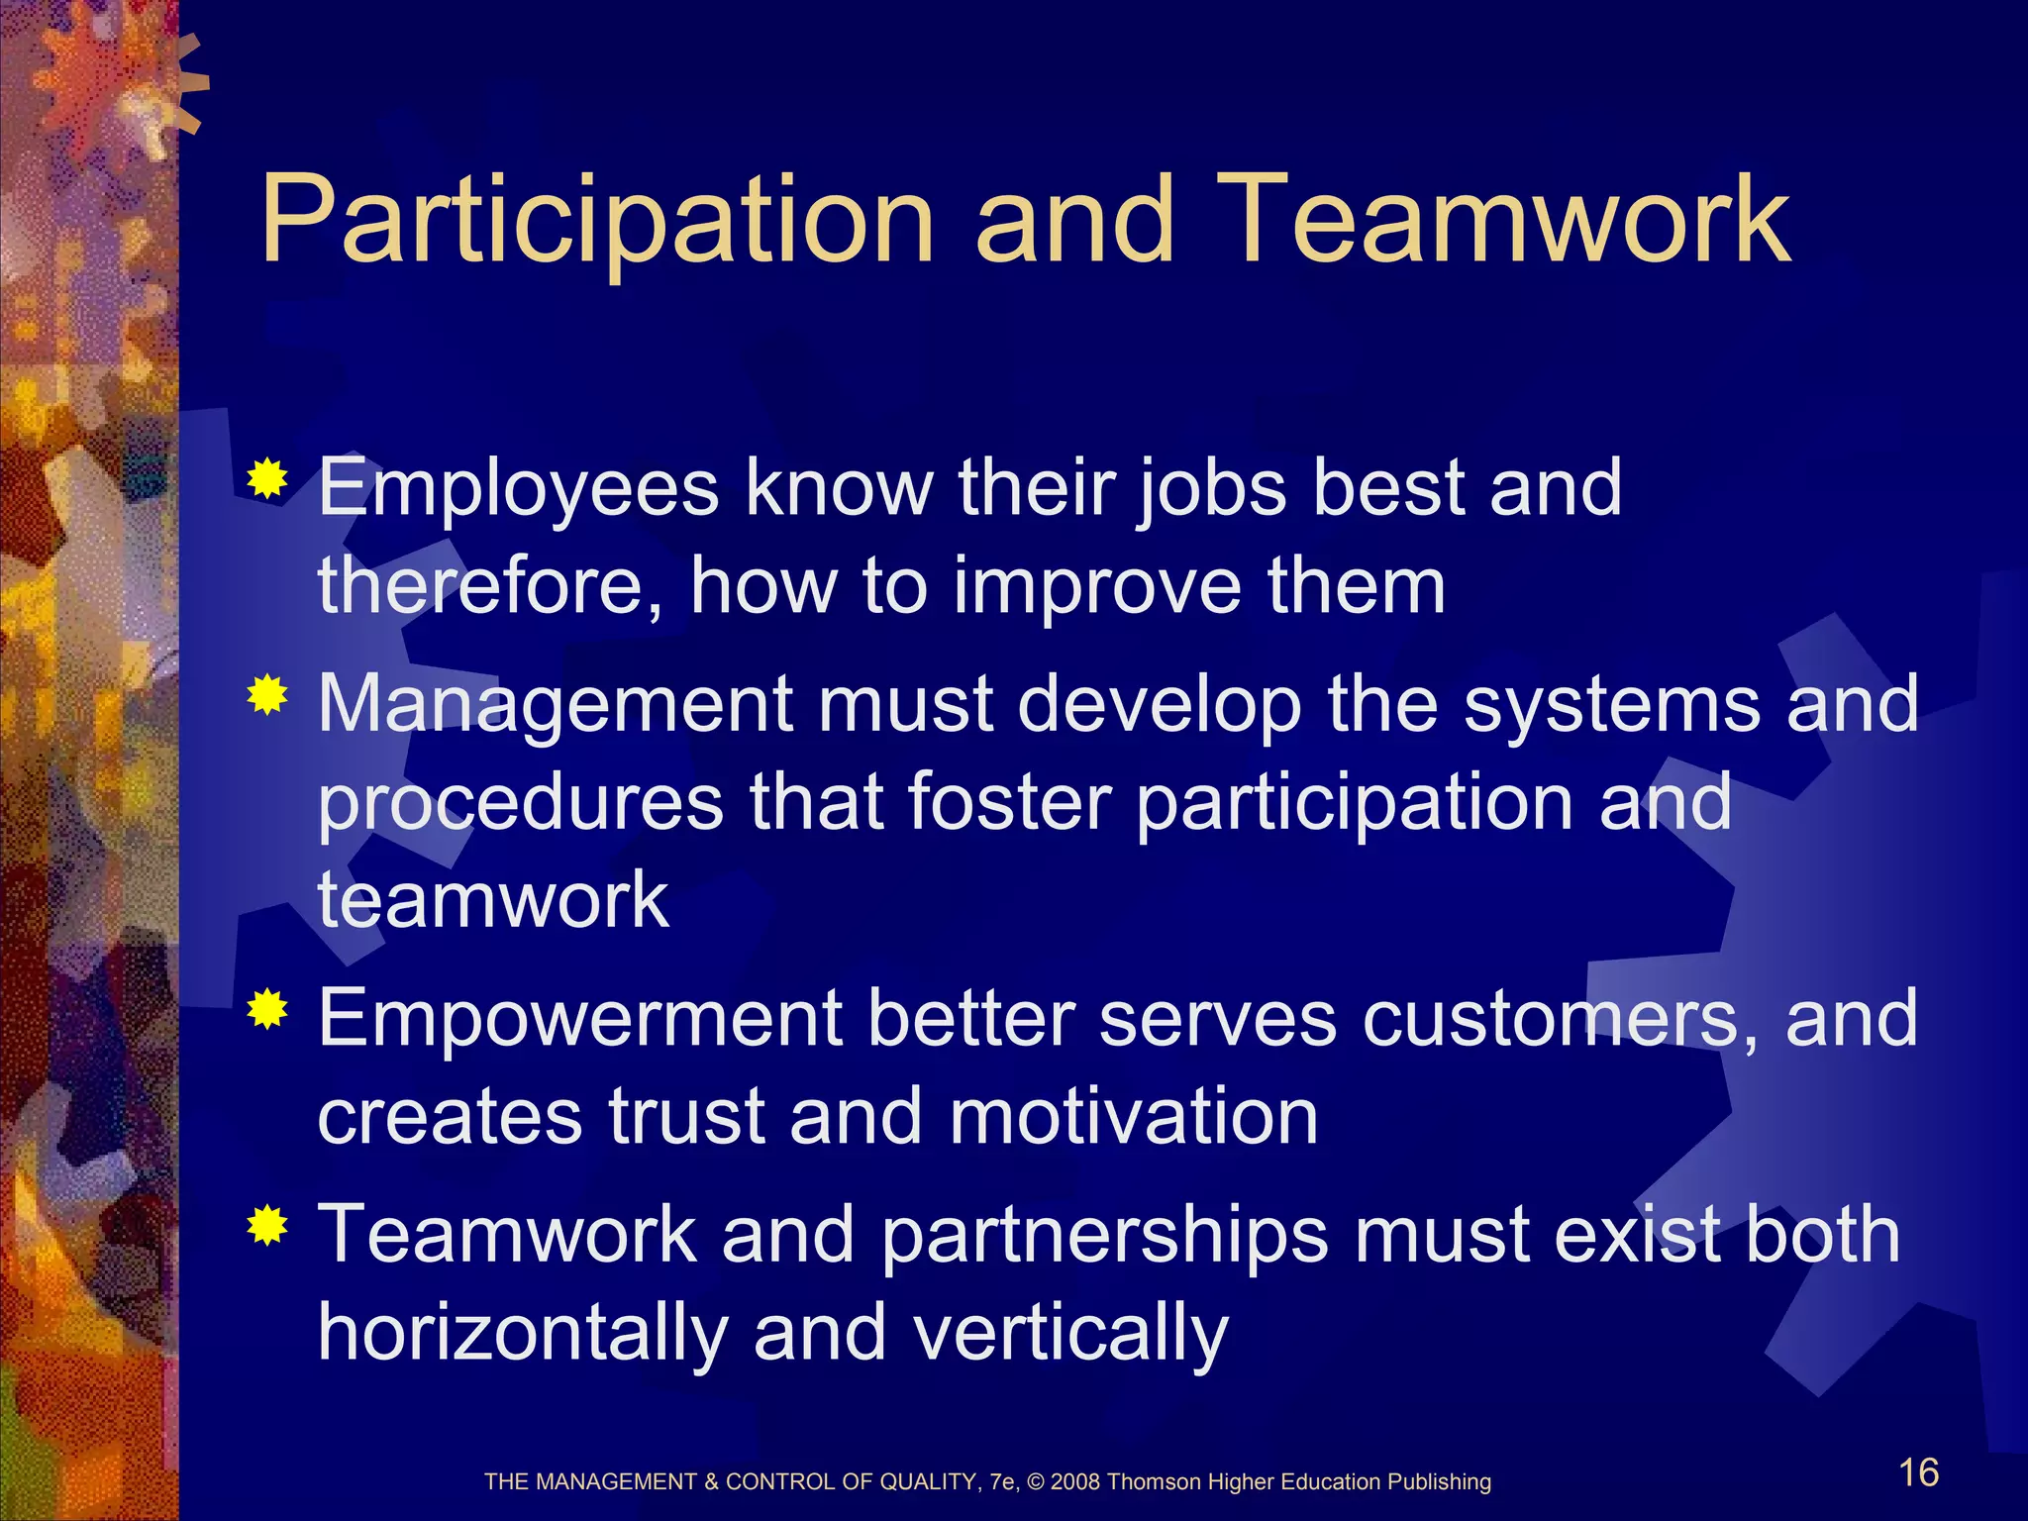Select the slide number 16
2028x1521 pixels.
pos(1918,1472)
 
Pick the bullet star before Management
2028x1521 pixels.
pos(267,696)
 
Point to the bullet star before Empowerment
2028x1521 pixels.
pos(267,1010)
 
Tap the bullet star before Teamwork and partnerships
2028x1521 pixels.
pos(267,1228)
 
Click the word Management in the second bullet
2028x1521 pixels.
pos(556,704)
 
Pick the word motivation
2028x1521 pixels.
pos(1134,1116)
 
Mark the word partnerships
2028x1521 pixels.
pos(1104,1235)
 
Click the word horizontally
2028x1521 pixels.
pos(523,1332)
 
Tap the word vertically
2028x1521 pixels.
pos(1070,1332)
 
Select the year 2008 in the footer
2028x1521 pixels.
pos(1075,1482)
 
